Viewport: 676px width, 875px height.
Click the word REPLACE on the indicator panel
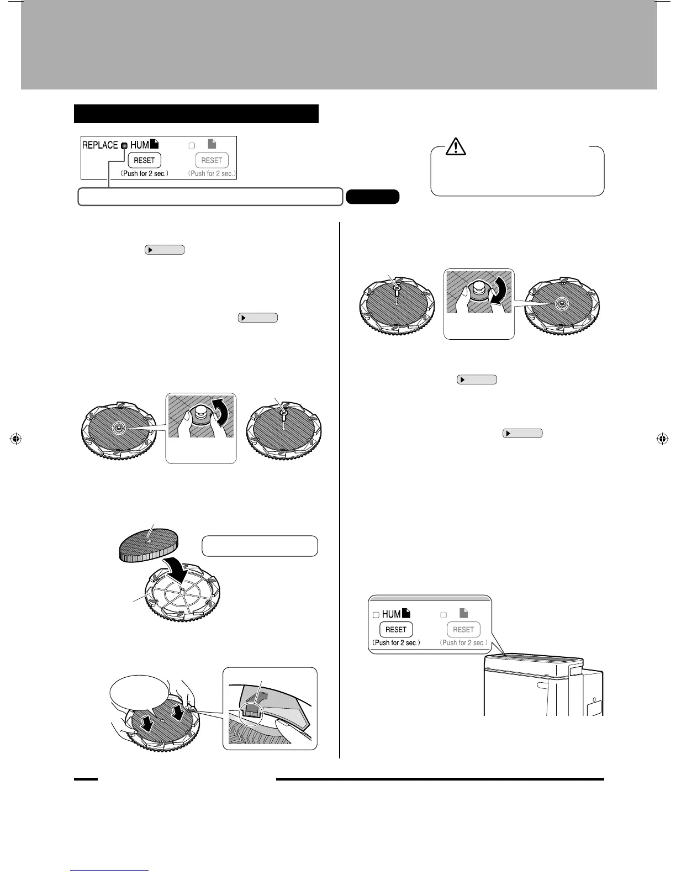coord(100,145)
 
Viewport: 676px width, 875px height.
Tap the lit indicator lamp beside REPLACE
coord(124,146)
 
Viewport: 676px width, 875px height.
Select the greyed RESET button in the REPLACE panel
coord(212,160)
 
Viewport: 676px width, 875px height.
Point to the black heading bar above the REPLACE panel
coord(196,114)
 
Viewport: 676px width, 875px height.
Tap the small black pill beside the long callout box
coord(372,197)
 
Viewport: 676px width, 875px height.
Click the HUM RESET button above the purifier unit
coord(396,629)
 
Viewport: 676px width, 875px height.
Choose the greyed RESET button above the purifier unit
coord(463,629)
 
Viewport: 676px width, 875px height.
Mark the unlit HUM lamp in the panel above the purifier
coord(376,615)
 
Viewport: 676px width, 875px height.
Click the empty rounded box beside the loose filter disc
coord(260,546)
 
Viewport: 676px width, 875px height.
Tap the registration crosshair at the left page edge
coord(15,439)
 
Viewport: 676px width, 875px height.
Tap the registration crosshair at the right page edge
coord(661,439)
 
